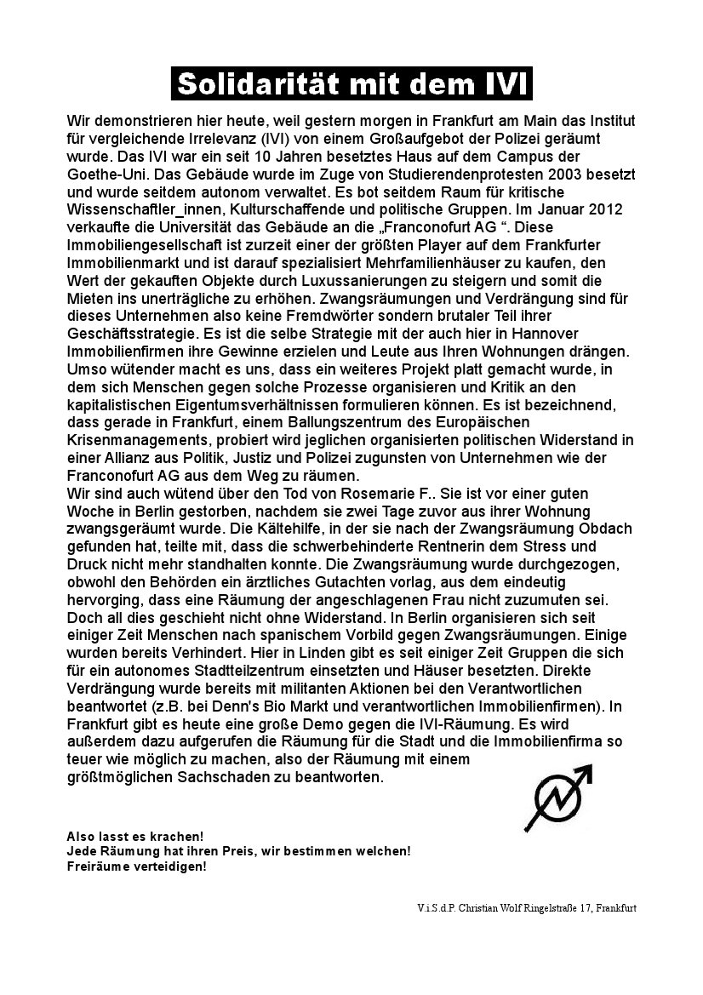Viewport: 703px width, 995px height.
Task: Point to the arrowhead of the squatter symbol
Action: [x=583, y=771]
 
